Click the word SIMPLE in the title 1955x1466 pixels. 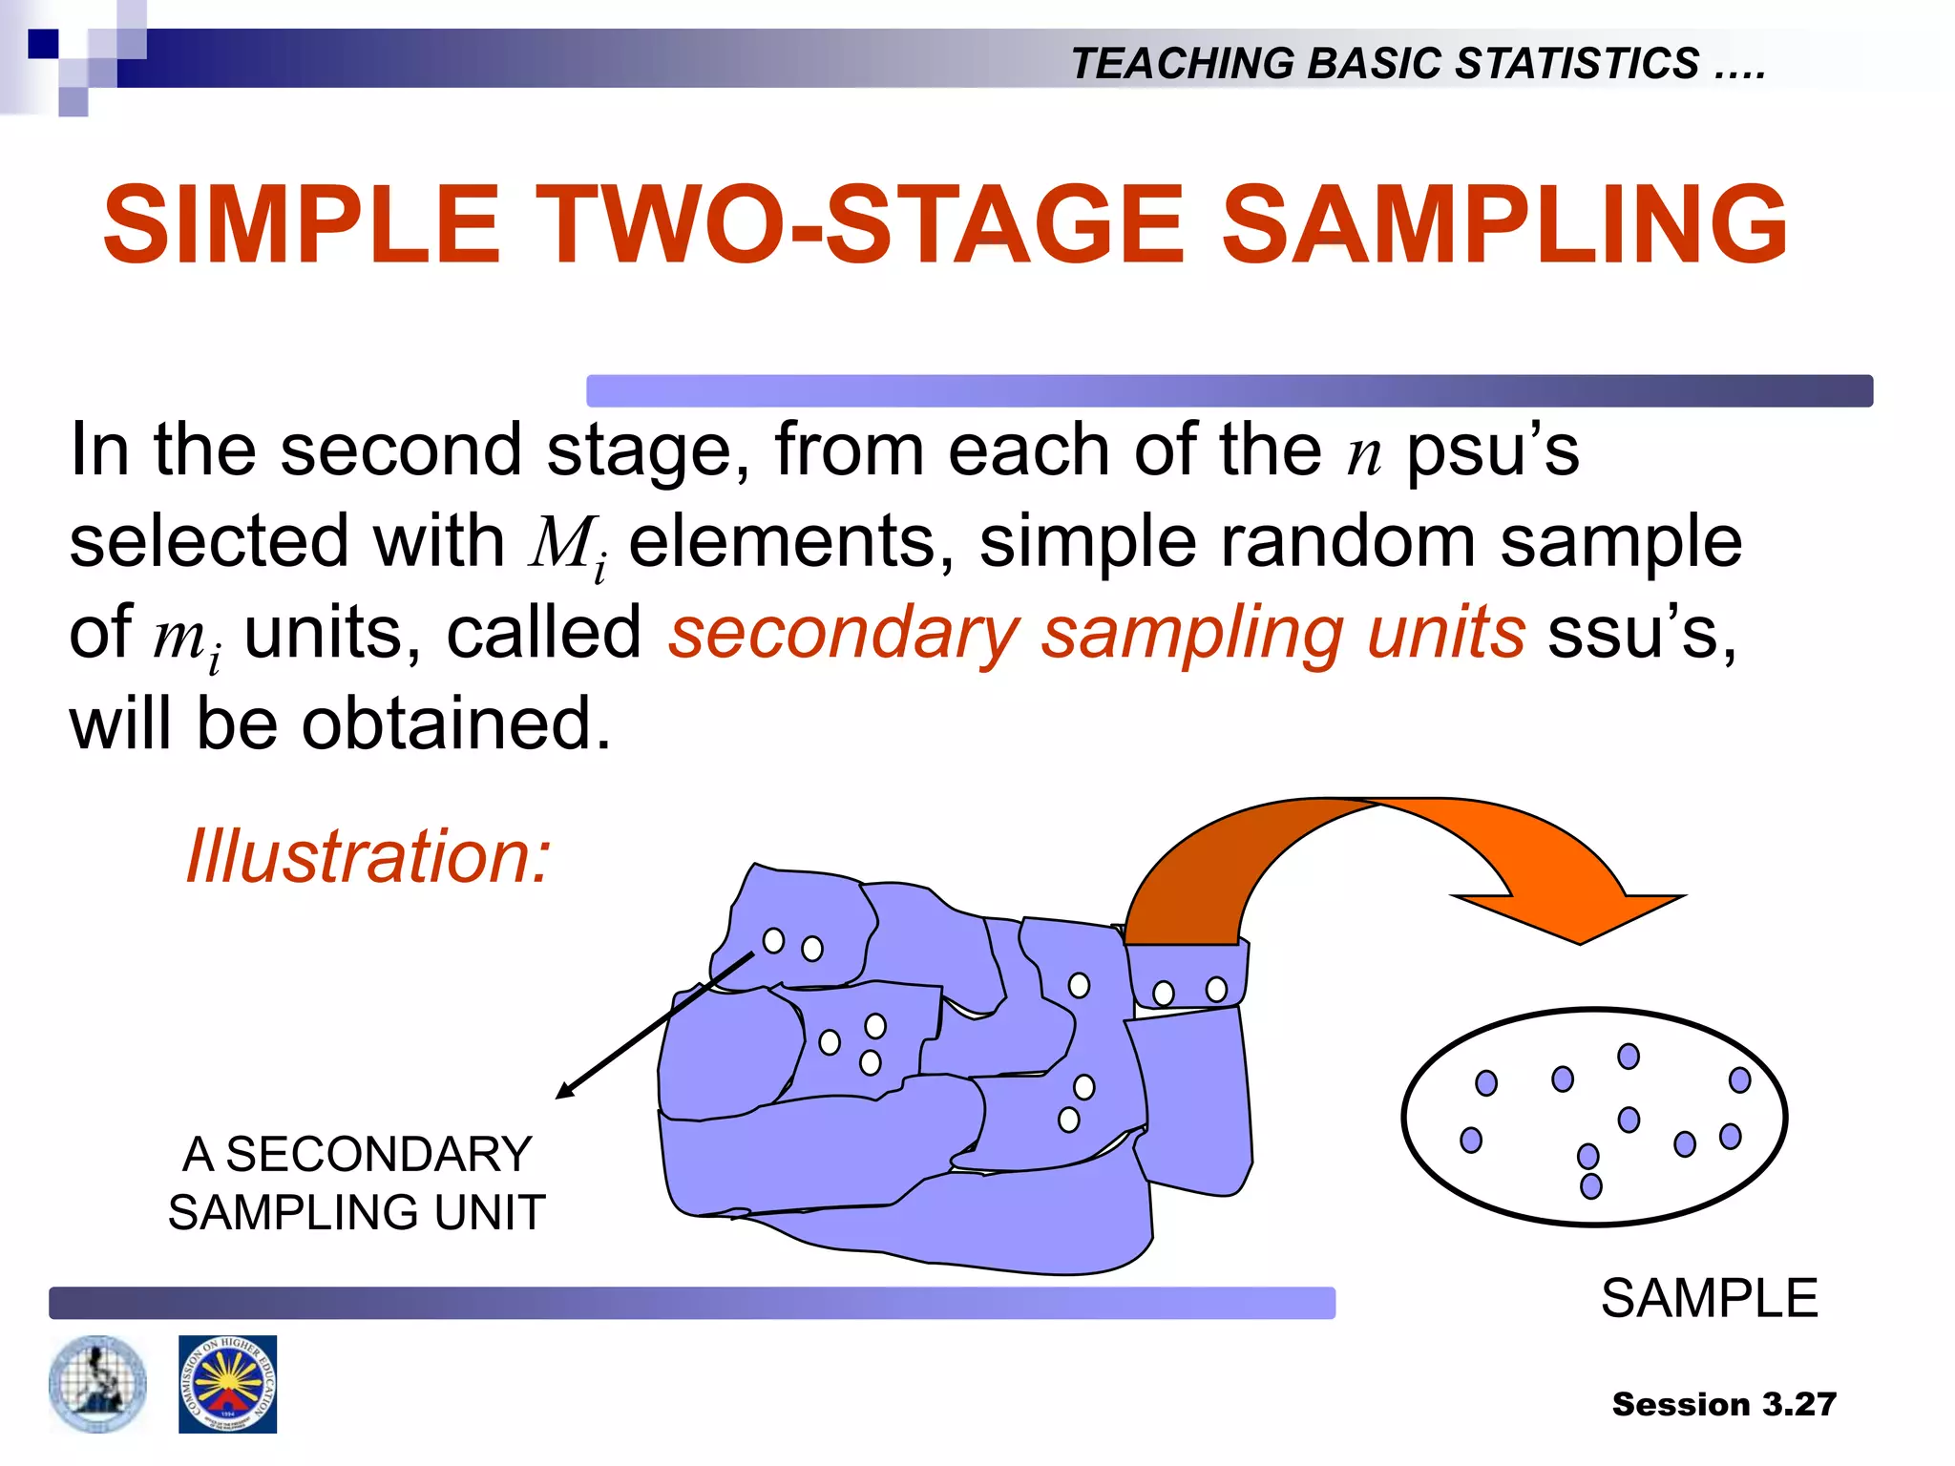point(301,225)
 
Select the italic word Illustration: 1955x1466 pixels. point(368,856)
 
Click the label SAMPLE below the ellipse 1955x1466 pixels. point(1709,1299)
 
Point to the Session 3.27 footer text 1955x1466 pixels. point(1724,1404)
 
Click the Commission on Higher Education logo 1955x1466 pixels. point(227,1384)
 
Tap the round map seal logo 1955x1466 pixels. point(97,1384)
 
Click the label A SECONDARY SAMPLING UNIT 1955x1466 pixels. point(356,1183)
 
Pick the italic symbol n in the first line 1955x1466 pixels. point(1364,453)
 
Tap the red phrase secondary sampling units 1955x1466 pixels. point(1096,634)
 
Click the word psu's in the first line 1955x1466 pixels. point(1492,450)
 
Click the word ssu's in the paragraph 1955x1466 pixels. point(1641,634)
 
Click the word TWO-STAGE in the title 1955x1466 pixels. point(858,225)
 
